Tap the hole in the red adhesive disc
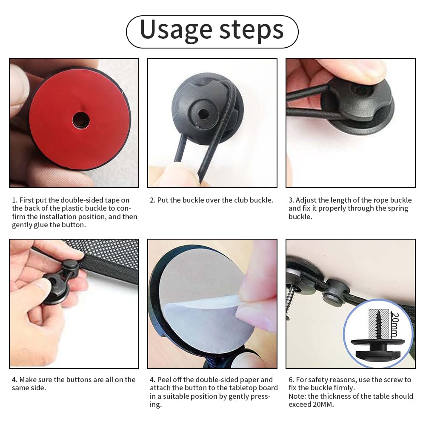click(81, 120)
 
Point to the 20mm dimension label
click(395, 325)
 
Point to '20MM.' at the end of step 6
click(323, 405)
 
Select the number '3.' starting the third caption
click(291, 200)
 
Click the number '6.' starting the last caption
click(291, 380)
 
